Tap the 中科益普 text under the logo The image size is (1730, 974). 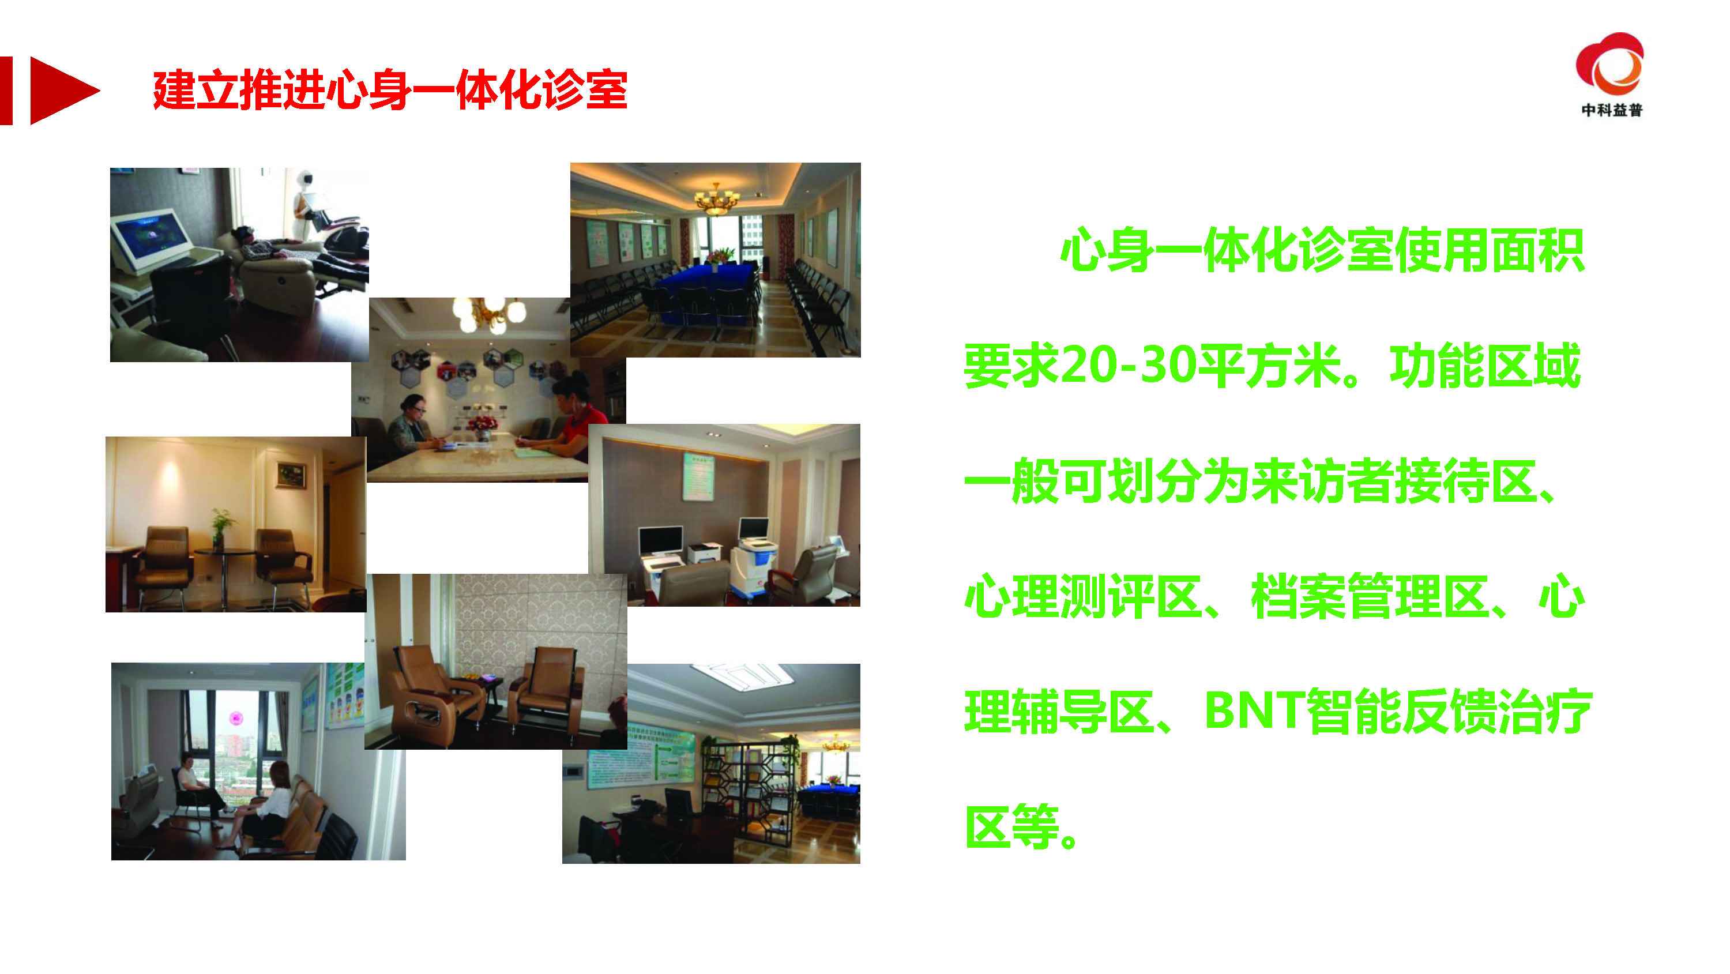tap(1611, 110)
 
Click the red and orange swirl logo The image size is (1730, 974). tap(1610, 65)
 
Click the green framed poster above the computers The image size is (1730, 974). tap(699, 476)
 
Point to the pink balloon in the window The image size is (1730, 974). tap(236, 717)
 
